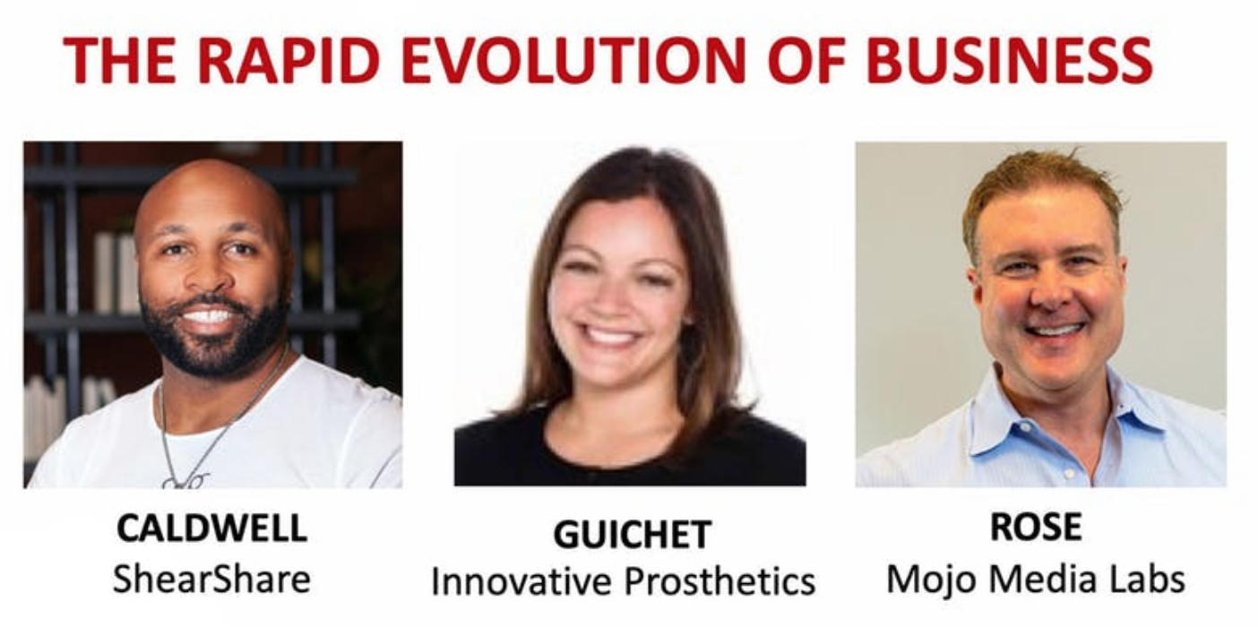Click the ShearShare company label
click(x=211, y=579)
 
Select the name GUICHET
click(x=633, y=534)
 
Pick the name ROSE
click(x=1036, y=527)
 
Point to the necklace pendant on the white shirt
click(x=185, y=480)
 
